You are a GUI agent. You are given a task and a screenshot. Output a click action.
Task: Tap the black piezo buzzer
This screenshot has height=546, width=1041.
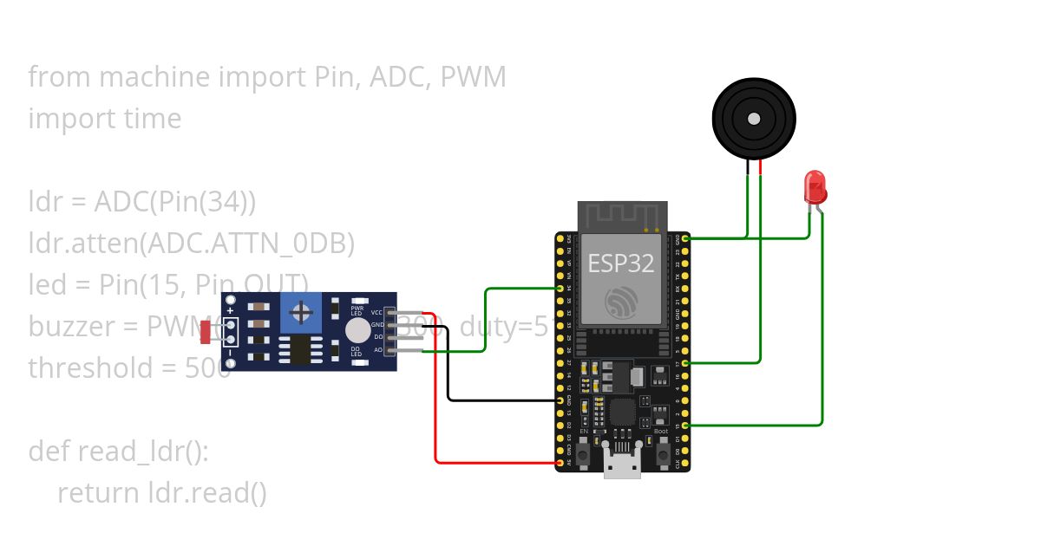[x=754, y=118]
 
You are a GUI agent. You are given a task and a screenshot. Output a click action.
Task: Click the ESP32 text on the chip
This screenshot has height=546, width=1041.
[x=620, y=263]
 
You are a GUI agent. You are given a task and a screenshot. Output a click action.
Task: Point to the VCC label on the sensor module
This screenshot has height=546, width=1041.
[x=376, y=312]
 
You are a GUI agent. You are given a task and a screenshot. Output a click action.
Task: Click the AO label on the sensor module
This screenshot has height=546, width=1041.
[x=377, y=349]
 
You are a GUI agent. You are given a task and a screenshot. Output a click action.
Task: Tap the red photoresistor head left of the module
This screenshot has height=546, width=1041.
[x=205, y=331]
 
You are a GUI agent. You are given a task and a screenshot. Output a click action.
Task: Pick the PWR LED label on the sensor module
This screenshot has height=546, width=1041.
[x=357, y=309]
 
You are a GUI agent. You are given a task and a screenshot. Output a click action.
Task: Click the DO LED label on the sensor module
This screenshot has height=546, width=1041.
[x=356, y=351]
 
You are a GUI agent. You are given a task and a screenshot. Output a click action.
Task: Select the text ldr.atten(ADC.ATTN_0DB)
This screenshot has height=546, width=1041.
[x=192, y=244]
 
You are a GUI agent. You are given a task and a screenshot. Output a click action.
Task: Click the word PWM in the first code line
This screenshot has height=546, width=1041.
[x=473, y=77]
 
